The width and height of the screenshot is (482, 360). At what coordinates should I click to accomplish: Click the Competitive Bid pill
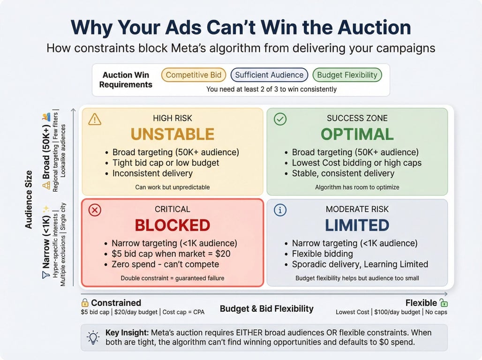pos(194,75)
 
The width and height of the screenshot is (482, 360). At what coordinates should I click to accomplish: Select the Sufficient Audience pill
pos(269,75)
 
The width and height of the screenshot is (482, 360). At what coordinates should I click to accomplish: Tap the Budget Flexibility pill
pos(347,75)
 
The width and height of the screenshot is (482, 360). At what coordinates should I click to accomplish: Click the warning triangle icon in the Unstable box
pos(95,119)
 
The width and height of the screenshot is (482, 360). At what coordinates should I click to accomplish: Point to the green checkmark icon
pos(280,119)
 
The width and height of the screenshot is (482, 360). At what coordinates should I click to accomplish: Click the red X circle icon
pos(95,210)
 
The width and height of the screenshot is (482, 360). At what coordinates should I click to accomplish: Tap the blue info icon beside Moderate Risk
pos(280,210)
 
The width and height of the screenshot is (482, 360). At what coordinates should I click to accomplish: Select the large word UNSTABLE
pos(173,135)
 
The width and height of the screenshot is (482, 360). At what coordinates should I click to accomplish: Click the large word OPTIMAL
pos(357,135)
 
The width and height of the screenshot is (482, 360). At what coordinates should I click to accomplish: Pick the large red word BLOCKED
pos(173,225)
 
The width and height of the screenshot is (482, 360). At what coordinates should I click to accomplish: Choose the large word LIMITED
pos(357,225)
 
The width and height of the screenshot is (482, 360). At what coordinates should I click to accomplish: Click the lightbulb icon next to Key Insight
pos(93,337)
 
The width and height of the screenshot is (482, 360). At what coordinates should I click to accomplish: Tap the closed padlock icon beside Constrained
pos(85,303)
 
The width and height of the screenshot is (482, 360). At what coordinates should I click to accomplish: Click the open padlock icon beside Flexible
pos(444,303)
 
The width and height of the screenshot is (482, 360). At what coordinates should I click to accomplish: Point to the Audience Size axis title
pos(29,200)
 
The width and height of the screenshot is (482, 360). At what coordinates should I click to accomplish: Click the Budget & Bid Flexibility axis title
pos(266,308)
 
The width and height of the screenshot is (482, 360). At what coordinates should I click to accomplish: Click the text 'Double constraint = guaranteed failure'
pos(173,278)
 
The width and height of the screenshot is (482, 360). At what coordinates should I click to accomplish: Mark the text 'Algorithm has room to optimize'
pos(357,187)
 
